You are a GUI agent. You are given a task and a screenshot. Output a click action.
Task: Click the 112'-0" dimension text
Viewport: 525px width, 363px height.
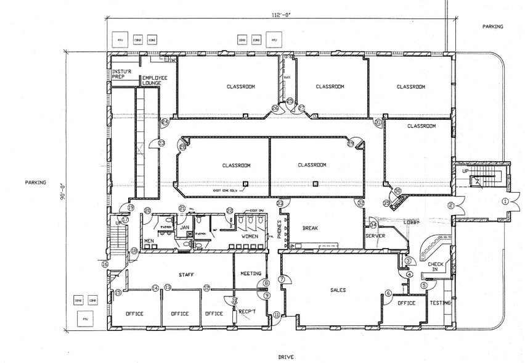click(280, 15)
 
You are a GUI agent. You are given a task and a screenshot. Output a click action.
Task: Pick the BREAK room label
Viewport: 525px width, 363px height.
click(309, 228)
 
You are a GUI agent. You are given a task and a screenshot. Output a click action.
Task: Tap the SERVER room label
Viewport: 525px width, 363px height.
click(375, 236)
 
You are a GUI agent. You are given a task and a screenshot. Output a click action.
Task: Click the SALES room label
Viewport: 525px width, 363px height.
click(338, 290)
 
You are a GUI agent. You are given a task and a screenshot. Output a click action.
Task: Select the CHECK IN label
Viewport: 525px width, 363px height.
click(436, 267)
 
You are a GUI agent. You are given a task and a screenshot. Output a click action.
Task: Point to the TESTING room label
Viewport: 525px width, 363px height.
click(441, 303)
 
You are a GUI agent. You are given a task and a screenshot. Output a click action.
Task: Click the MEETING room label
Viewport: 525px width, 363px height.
click(250, 273)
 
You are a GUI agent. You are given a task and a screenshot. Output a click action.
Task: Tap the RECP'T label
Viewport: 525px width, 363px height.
click(247, 313)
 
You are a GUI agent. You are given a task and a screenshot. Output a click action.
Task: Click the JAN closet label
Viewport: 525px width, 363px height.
click(184, 227)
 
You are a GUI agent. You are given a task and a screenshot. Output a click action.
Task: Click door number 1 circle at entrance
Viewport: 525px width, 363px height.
click(505, 201)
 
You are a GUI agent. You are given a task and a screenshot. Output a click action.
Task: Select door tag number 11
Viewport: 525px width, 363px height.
click(277, 315)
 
